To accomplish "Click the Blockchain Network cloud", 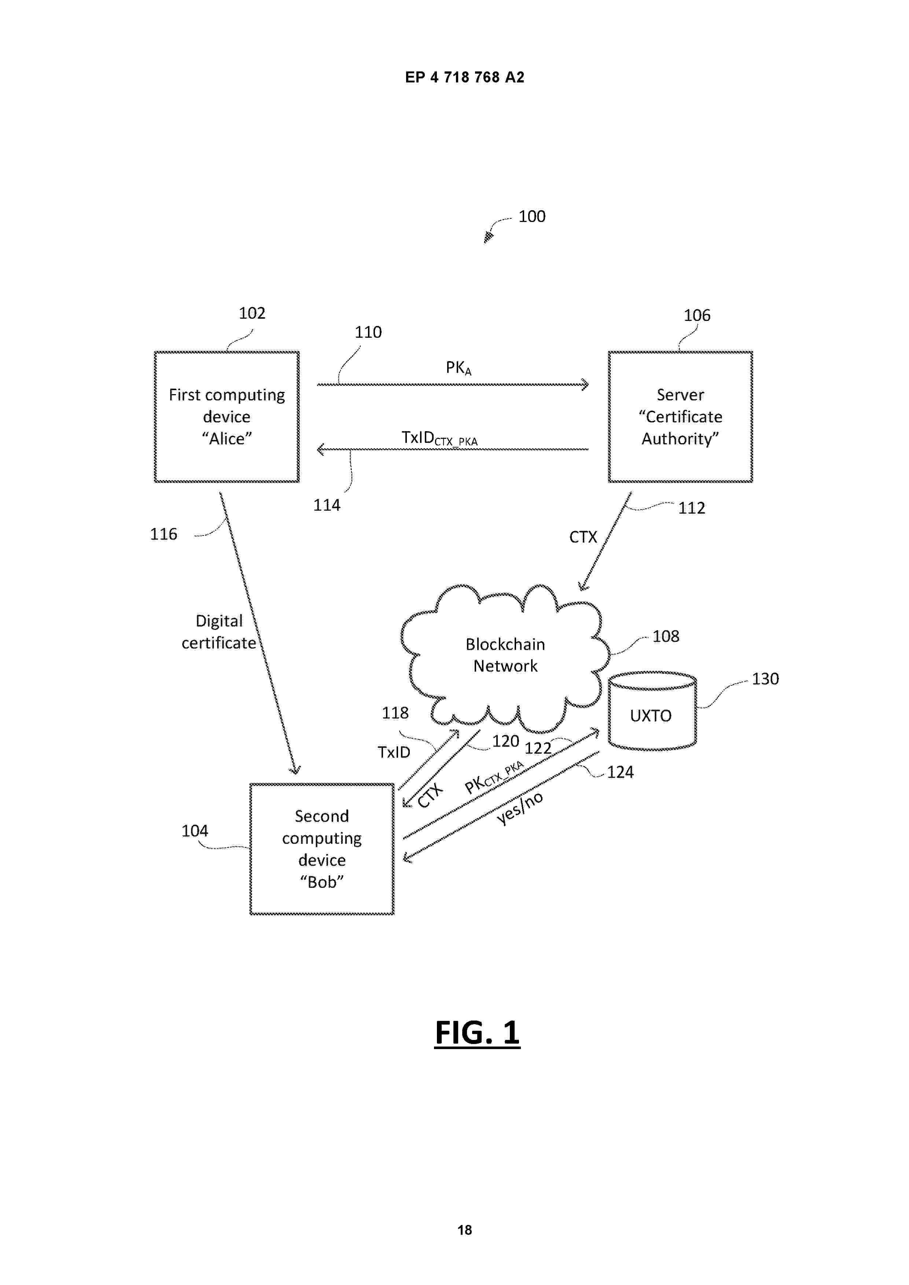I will pos(505,655).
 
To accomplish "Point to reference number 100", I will pos(531,216).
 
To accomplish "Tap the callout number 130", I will pos(765,679).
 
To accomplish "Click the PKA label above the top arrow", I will pos(458,368).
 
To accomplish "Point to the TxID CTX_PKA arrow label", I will pos(439,438).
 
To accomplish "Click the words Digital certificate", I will pos(219,632).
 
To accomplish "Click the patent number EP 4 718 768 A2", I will pos(464,77).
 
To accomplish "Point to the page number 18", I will pos(464,1230).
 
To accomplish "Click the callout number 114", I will pos(327,506).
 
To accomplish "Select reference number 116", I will pos(163,534).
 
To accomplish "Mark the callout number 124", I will pos(620,772).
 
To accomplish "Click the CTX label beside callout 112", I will pos(583,537).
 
